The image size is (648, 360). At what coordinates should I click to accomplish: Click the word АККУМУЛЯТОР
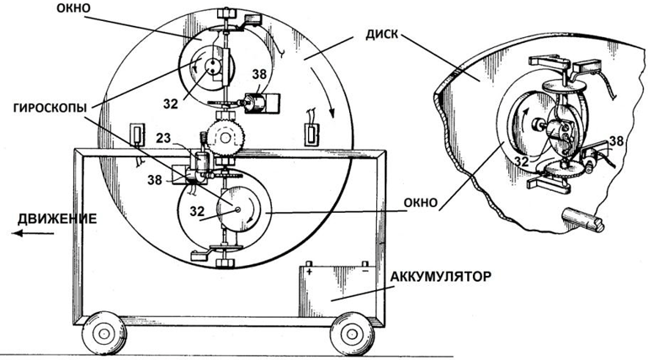point(441,276)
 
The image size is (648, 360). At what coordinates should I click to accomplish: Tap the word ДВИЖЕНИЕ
point(57,219)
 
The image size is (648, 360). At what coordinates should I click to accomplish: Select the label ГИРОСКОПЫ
point(50,108)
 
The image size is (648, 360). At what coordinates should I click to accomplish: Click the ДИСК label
point(381,34)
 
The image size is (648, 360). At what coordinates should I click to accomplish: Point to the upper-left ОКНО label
point(73,9)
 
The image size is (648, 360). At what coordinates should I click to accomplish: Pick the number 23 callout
point(163,138)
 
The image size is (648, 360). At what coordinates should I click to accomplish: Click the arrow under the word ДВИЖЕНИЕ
point(33,234)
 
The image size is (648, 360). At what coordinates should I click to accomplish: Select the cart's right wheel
point(352,334)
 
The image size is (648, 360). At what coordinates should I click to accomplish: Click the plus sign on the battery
point(309,272)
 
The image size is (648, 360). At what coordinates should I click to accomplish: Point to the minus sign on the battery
point(365,272)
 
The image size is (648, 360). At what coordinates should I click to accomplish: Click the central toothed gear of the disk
point(226,137)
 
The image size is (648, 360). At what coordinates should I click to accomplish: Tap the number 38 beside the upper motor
point(259,75)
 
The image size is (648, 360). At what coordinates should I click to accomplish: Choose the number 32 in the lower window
point(197,211)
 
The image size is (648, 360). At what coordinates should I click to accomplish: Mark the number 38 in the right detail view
point(616,140)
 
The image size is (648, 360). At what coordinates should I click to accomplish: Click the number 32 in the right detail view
point(522,161)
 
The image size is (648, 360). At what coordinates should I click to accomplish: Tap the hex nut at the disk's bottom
point(225,263)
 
